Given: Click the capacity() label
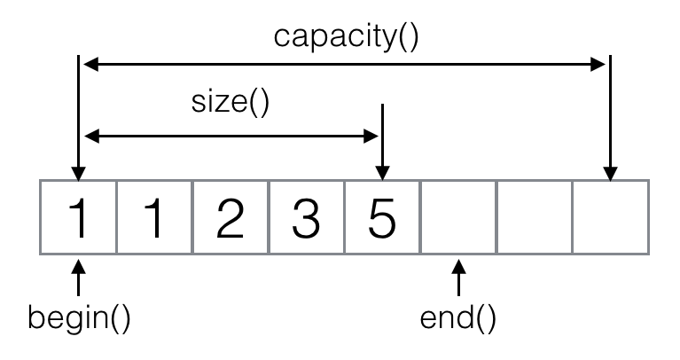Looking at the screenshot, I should [345, 36].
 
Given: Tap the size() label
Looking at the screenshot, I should [230, 103].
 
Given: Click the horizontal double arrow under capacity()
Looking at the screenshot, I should [345, 64].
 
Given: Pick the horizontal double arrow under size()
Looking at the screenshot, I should [231, 136].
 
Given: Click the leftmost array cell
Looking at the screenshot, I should [79, 218].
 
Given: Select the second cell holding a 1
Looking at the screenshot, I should [155, 218].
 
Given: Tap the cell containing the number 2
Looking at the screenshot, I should [231, 218].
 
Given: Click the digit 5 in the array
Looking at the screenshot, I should [382, 218].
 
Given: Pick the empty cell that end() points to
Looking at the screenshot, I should [458, 218].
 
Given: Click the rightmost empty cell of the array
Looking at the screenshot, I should [611, 218].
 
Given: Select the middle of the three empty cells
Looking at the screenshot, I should [535, 218].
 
